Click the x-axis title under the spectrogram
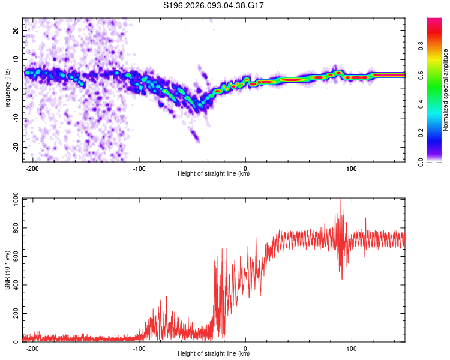tap(214, 174)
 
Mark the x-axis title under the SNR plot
tap(214, 354)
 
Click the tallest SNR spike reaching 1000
tap(341, 200)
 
